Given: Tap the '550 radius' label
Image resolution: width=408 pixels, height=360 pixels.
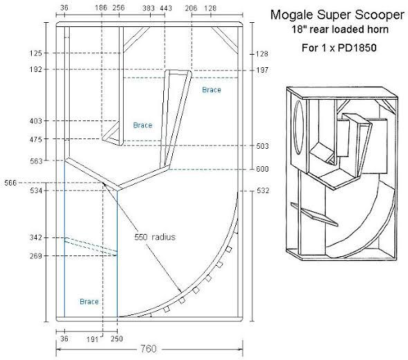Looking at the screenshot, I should (155, 237).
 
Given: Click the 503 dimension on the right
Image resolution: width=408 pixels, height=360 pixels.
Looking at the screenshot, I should (263, 146).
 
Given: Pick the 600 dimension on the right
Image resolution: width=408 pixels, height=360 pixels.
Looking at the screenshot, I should (263, 169).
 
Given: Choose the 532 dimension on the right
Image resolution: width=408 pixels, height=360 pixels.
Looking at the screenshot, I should (263, 190).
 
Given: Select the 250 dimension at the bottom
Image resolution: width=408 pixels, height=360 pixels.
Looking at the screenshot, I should (116, 339).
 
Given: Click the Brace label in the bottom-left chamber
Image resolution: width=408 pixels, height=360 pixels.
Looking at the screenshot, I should (89, 302).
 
